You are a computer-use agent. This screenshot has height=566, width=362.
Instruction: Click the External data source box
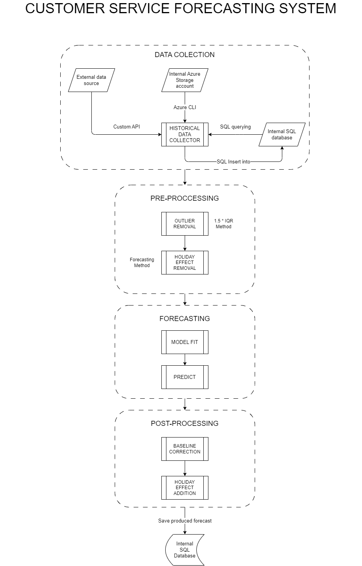click(x=91, y=80)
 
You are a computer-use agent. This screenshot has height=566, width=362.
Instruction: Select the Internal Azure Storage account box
click(x=185, y=80)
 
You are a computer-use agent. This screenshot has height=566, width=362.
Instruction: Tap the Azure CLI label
click(x=185, y=107)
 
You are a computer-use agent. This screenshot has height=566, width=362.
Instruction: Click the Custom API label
click(x=126, y=127)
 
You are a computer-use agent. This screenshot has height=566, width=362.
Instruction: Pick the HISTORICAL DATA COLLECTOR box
click(x=185, y=134)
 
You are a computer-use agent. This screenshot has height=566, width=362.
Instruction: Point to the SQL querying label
click(x=235, y=127)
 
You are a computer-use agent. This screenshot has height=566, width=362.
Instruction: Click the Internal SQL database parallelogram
click(x=282, y=134)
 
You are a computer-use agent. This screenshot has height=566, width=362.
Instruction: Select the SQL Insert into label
click(x=233, y=161)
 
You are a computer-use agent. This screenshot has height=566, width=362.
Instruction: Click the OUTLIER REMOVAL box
click(x=185, y=224)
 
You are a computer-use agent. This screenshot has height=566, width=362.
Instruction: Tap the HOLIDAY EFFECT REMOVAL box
click(x=185, y=262)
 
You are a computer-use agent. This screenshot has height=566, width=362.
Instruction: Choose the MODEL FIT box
click(x=185, y=342)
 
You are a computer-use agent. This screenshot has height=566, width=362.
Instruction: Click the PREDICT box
click(x=185, y=377)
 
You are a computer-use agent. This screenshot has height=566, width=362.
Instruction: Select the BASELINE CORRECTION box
click(x=185, y=449)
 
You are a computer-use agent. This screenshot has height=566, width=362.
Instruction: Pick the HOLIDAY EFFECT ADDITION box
click(x=185, y=488)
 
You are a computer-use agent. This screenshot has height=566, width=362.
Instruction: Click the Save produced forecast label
click(x=185, y=521)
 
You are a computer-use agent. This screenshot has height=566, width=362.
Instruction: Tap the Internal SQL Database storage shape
click(x=183, y=550)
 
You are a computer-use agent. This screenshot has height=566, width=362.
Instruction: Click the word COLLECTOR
click(x=185, y=140)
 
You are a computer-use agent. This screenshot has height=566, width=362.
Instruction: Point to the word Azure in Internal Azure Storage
click(x=193, y=74)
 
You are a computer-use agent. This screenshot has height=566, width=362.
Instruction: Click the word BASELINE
click(x=185, y=446)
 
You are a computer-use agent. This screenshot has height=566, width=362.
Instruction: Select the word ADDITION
click(x=185, y=493)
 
